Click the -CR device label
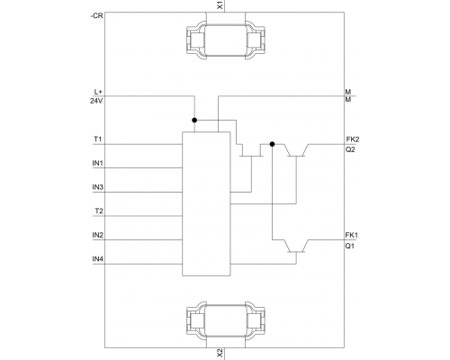pos(96,16)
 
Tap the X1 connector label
pos(220,5)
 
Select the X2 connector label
pos(220,354)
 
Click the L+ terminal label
pos(98,92)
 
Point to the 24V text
pos(96,101)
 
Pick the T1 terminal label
pos(98,139)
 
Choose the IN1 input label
pos(98,164)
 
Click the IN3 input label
pos(98,187)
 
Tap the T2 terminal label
pos(99,211)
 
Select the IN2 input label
pos(98,235)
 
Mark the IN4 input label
pos(98,259)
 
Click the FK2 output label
pos(353,139)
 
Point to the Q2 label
pos(350,149)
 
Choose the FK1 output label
pos(352,235)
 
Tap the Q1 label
pos(349,247)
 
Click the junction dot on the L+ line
pos(194,120)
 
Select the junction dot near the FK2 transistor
pos(272,144)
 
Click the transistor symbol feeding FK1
pos(296,247)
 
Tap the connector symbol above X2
pos(226,321)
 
